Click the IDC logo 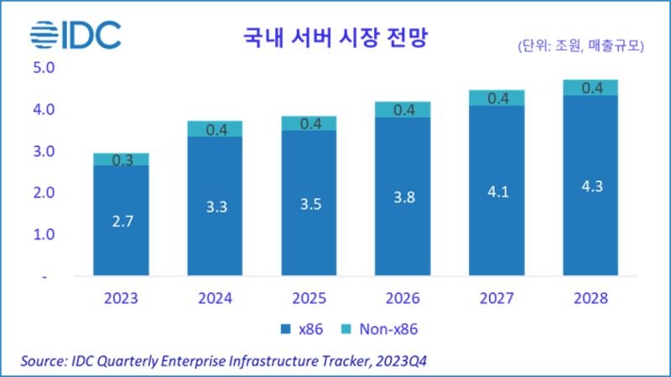point(75,35)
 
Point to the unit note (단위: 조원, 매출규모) point(580,47)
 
